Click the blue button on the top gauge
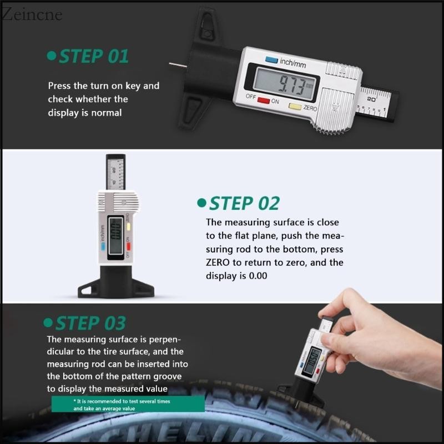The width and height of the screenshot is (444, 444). click(271, 59)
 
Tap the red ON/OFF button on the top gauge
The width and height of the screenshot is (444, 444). click(262, 101)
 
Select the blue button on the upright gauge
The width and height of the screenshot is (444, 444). click(102, 251)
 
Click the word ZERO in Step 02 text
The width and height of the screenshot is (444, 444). click(218, 263)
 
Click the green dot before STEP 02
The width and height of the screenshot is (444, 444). click(201, 204)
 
